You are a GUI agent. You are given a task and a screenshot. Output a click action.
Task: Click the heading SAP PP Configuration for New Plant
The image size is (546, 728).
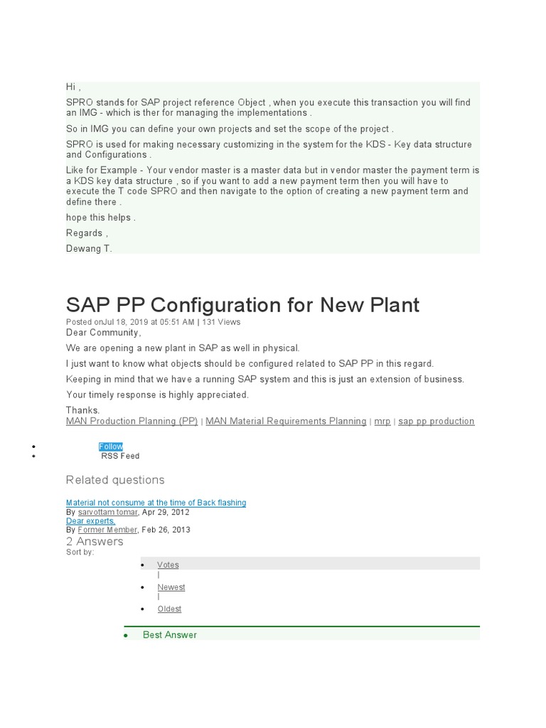pyautogui.click(x=242, y=305)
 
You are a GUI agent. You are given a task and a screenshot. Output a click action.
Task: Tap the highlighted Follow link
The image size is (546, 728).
pyautogui.click(x=111, y=446)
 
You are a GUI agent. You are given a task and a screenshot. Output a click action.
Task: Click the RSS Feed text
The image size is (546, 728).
pyautogui.click(x=120, y=456)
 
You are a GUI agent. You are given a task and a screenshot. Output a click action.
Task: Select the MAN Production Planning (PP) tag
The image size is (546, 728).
pyautogui.click(x=132, y=421)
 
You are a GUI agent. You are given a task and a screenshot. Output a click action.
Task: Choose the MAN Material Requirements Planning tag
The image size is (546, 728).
pyautogui.click(x=286, y=421)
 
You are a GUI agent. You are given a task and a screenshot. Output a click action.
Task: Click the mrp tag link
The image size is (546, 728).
pyautogui.click(x=382, y=421)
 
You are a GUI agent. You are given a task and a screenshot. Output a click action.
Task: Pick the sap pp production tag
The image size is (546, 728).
pyautogui.click(x=436, y=421)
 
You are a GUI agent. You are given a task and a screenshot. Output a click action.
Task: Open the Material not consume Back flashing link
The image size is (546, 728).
pyautogui.click(x=156, y=503)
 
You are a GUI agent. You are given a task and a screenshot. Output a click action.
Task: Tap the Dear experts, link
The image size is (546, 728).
pyautogui.click(x=90, y=521)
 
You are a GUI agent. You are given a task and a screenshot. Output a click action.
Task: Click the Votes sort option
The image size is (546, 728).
pyautogui.click(x=168, y=564)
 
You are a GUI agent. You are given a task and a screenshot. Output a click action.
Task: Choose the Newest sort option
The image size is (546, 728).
pyautogui.click(x=171, y=587)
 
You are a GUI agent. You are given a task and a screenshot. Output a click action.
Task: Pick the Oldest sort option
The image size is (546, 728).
pyautogui.click(x=169, y=609)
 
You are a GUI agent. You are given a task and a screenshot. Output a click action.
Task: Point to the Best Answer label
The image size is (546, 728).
pyautogui.click(x=170, y=635)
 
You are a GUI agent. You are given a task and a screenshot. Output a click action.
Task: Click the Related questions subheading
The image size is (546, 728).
pyautogui.click(x=115, y=480)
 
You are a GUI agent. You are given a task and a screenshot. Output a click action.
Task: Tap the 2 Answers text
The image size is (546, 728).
pyautogui.click(x=95, y=541)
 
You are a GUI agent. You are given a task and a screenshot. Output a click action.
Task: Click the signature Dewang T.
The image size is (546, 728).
pyautogui.click(x=89, y=248)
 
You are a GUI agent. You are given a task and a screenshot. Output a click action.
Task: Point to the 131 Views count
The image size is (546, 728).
pyautogui.click(x=221, y=322)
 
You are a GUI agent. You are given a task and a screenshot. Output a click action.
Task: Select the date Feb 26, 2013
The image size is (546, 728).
pyautogui.click(x=166, y=530)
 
